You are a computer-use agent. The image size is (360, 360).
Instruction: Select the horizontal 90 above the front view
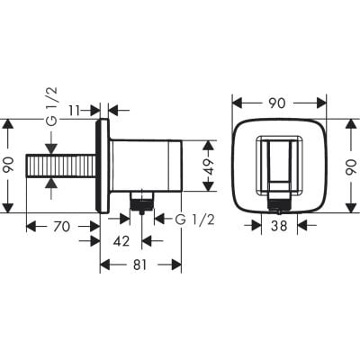point(276,105)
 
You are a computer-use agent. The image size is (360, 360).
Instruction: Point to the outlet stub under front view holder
point(276,197)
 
